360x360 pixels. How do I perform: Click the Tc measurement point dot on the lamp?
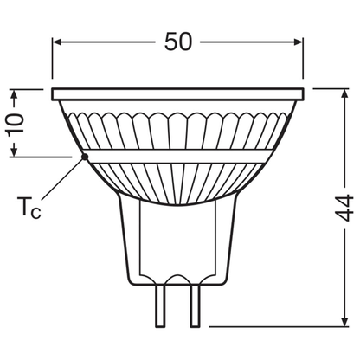coord(83,156)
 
